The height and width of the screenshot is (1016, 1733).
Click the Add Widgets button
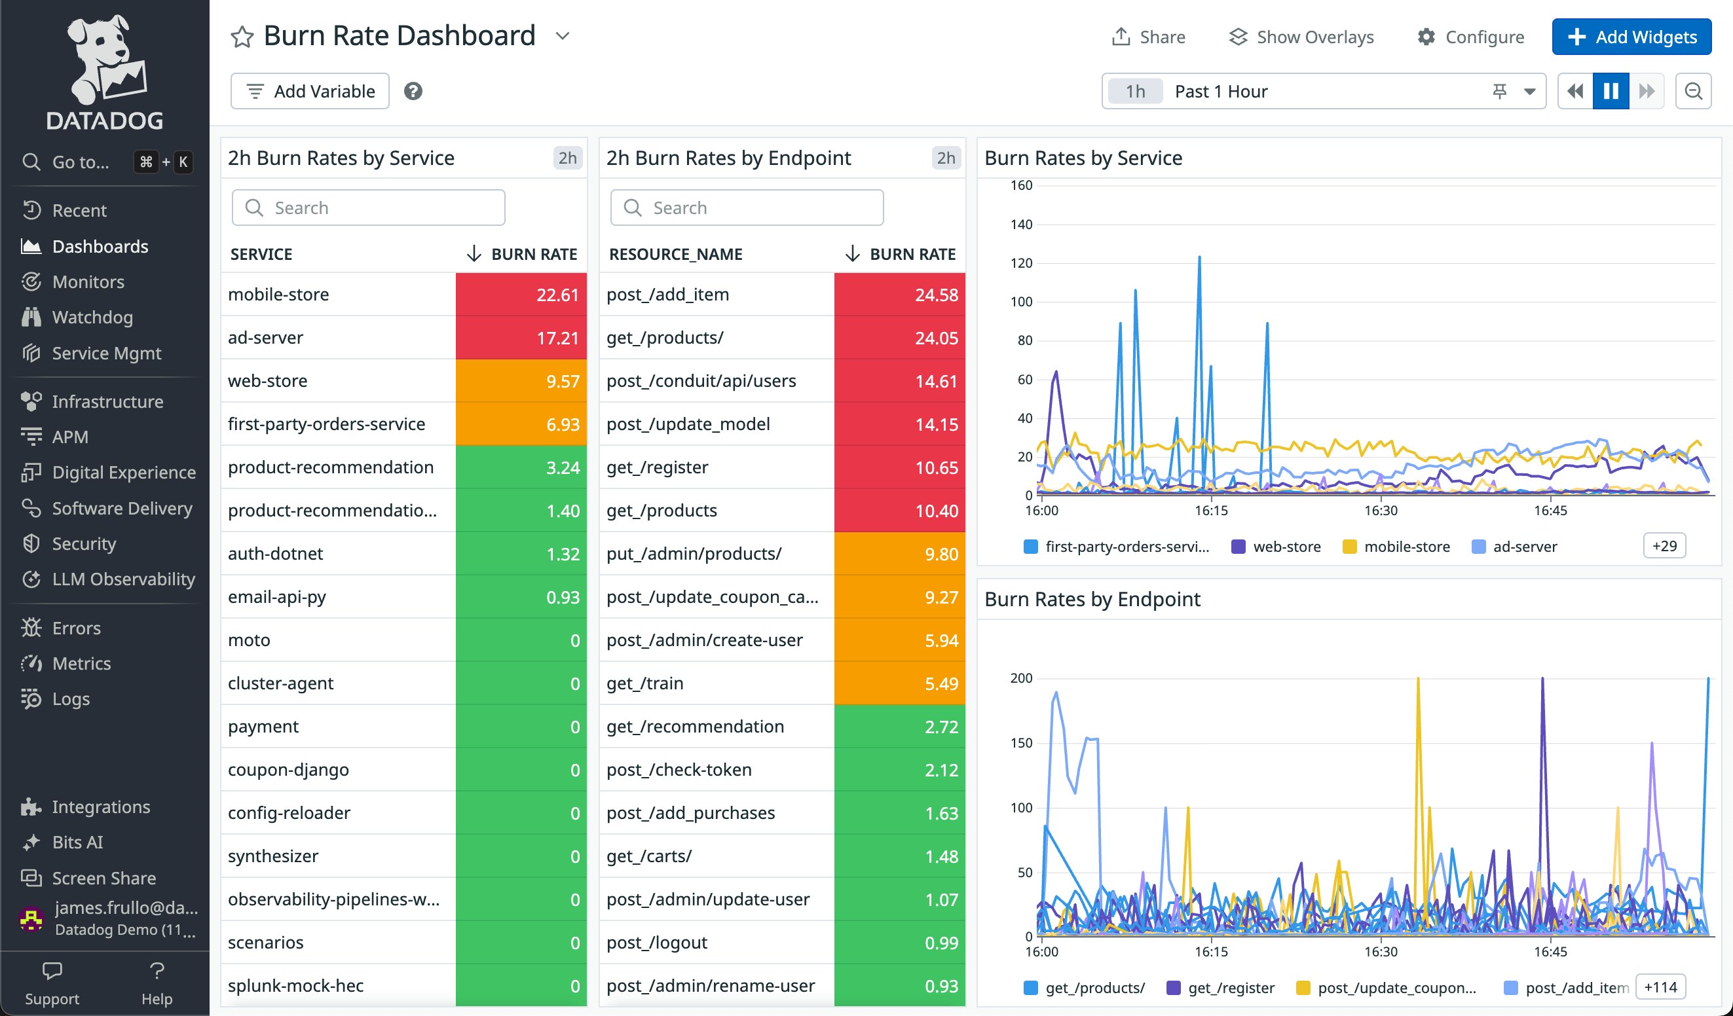(x=1631, y=37)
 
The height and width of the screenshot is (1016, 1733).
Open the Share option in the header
(x=1149, y=37)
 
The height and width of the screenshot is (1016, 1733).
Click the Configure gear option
(x=1471, y=37)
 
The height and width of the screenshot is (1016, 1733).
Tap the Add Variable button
(x=310, y=91)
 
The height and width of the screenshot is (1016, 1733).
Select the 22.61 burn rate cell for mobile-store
(x=521, y=294)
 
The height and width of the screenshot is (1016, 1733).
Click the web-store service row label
(x=267, y=381)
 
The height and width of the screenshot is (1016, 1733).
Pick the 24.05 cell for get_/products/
(x=899, y=338)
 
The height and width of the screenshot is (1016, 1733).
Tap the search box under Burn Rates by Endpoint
(x=747, y=208)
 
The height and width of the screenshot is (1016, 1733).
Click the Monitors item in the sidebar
(x=88, y=282)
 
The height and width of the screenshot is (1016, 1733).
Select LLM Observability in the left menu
(x=123, y=579)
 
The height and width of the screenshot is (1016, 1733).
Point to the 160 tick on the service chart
(x=1021, y=186)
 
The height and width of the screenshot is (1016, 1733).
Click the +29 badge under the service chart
(x=1664, y=546)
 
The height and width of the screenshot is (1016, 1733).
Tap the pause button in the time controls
(x=1611, y=91)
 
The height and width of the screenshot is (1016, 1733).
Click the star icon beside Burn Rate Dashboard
(x=242, y=37)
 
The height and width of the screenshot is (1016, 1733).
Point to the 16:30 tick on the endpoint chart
(x=1380, y=951)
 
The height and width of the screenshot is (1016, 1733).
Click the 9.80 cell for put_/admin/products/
(x=899, y=553)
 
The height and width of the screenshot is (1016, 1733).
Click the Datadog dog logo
(x=105, y=58)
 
